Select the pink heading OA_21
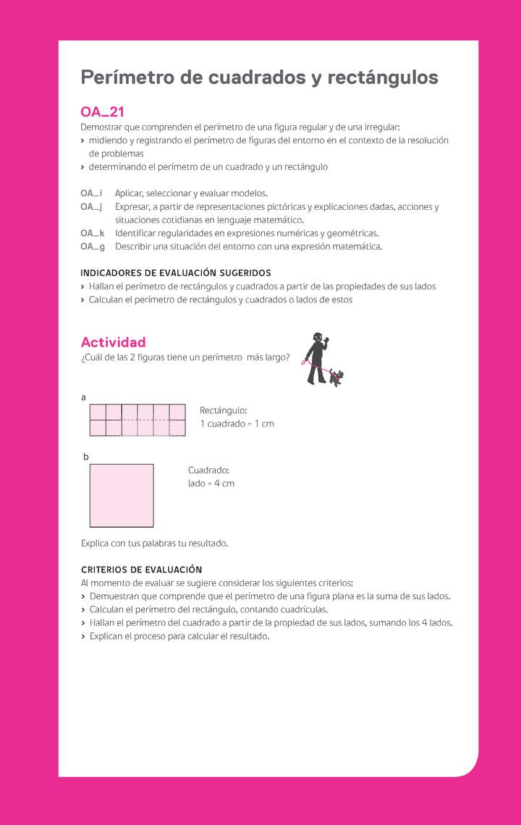pos(102,112)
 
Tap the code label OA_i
pos(91,193)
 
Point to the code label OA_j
pos(91,206)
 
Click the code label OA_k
pos(92,233)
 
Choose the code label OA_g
pos(92,246)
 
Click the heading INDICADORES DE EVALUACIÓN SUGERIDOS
pos(176,273)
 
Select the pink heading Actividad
pos(113,342)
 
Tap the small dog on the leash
pos(336,377)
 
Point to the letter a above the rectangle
pos(84,397)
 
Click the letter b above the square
pos(86,457)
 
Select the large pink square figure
pos(122,496)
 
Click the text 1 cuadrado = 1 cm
pos(237,423)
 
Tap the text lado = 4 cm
pos(211,483)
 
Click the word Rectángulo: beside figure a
pos(224,410)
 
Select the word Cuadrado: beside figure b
pos(209,470)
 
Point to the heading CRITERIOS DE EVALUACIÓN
pos(142,570)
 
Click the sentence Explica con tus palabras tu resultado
pos(154,543)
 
